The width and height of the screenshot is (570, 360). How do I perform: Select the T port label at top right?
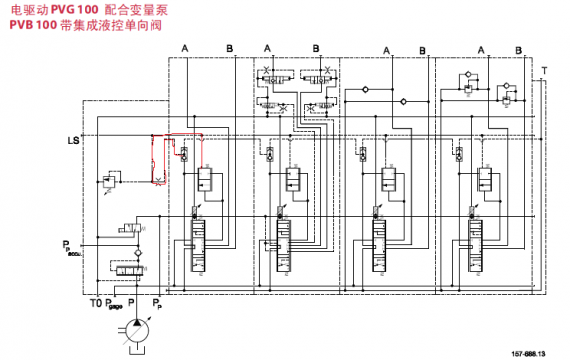point(543,70)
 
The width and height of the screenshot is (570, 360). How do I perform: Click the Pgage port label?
point(115,302)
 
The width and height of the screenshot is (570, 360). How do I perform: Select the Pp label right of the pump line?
point(158,302)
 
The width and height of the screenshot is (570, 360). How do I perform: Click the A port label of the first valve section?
point(184,48)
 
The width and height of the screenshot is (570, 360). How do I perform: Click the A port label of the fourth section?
point(481,48)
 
